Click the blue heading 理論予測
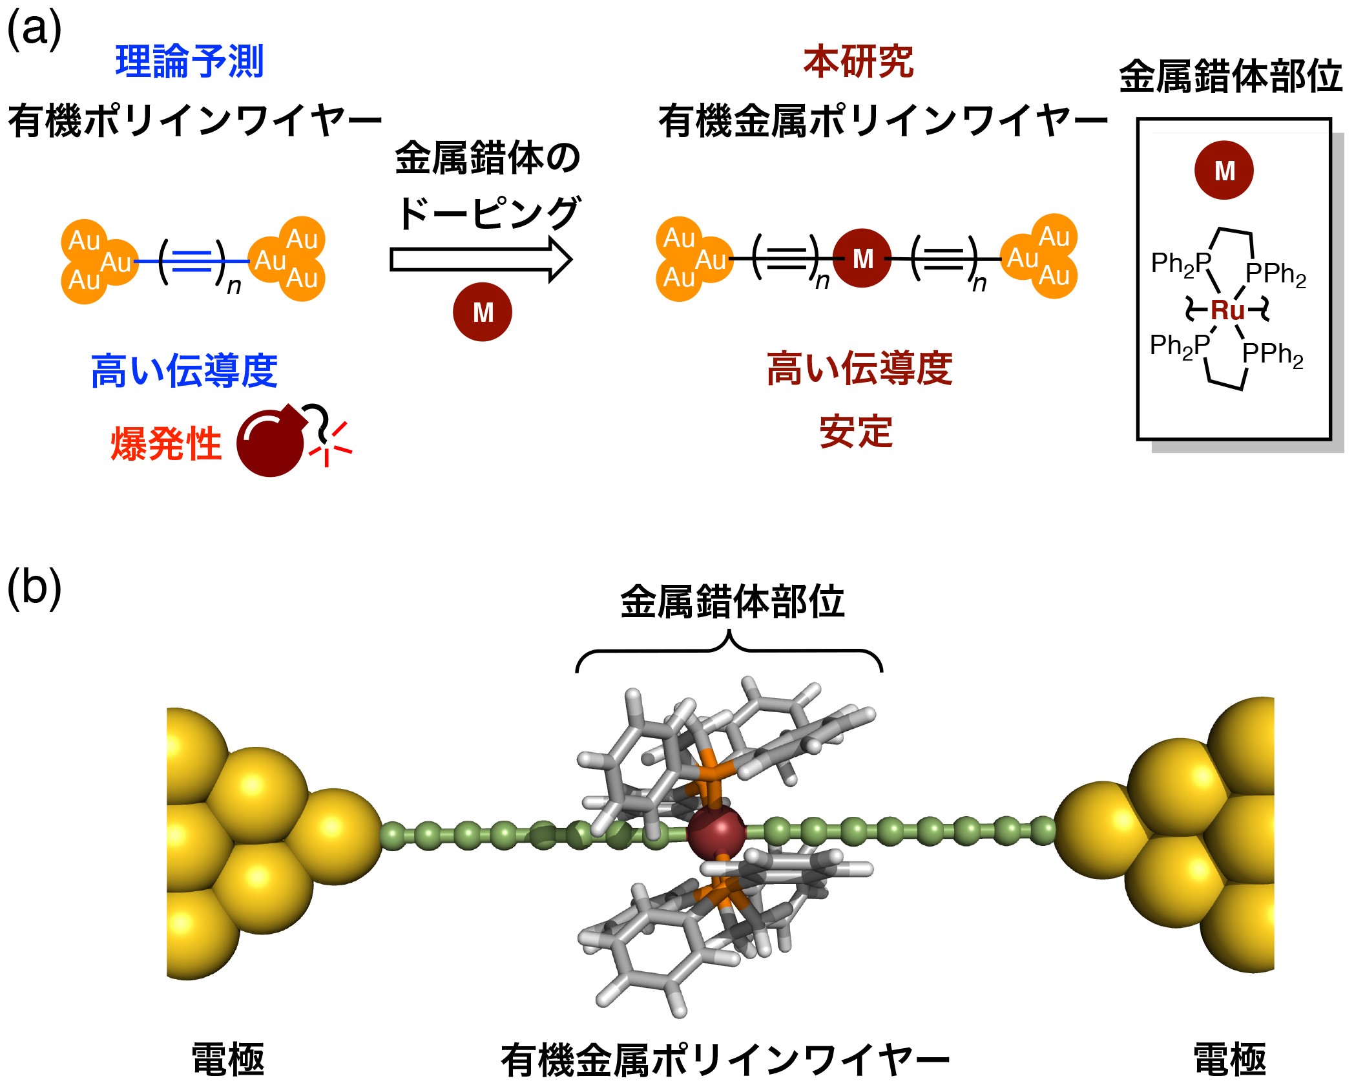(x=189, y=62)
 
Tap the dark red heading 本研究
(x=858, y=62)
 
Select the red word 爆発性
(x=167, y=444)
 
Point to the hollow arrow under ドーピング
(x=481, y=260)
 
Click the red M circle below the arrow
(x=483, y=312)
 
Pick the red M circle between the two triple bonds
(x=862, y=258)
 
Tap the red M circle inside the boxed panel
(x=1224, y=171)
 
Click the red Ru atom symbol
(x=1227, y=310)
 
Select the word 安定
(x=856, y=432)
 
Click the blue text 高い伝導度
(x=184, y=371)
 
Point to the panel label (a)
(x=34, y=29)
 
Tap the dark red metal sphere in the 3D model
(x=716, y=832)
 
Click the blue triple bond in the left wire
(x=193, y=261)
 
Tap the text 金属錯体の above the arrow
(x=488, y=158)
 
